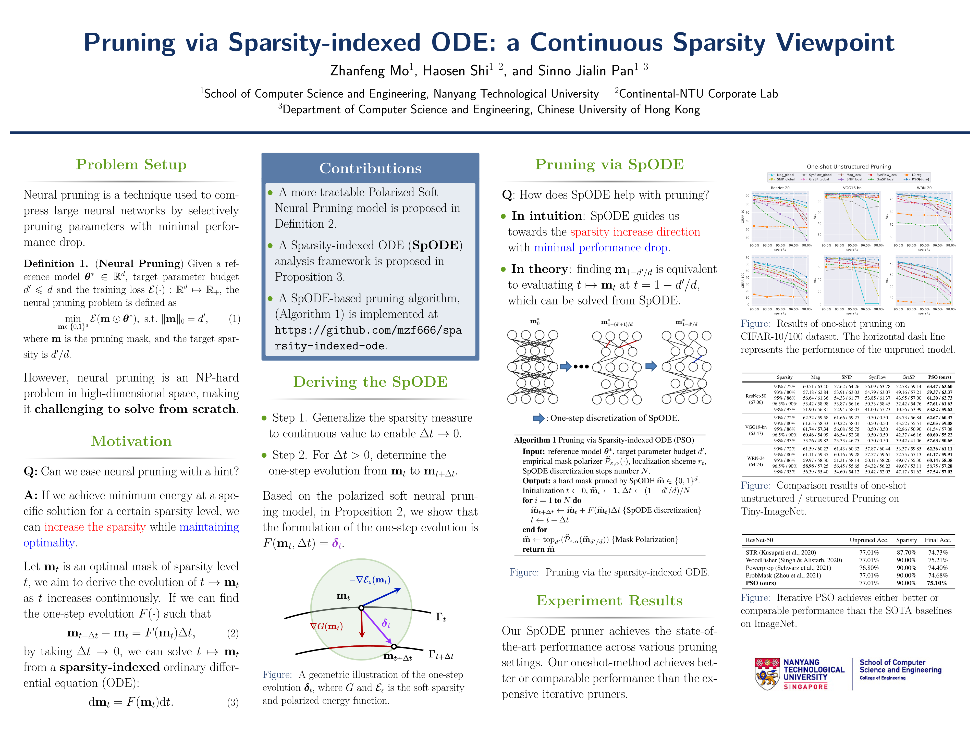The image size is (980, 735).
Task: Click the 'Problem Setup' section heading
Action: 131,164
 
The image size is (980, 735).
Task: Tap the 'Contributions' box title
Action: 370,168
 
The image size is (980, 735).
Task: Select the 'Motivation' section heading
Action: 131,441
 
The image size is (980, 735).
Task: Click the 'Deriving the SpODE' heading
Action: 370,382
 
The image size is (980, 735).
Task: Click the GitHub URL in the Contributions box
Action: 368,338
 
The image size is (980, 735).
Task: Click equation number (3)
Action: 232,703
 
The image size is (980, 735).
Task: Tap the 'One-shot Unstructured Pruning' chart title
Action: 848,167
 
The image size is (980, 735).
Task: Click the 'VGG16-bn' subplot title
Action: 852,188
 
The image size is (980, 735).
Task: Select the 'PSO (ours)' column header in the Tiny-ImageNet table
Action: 939,377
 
